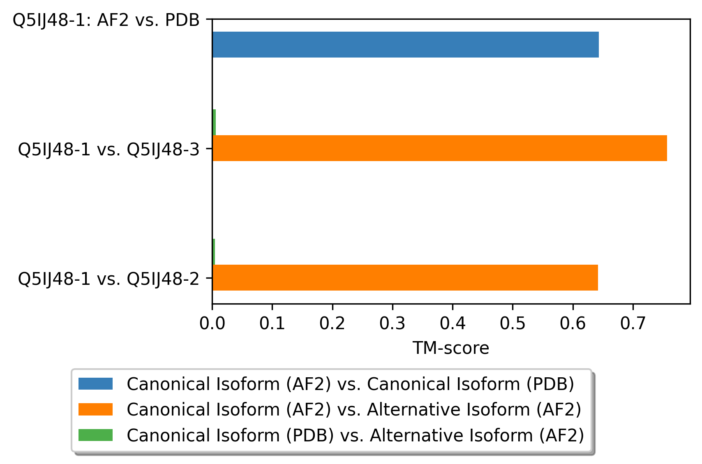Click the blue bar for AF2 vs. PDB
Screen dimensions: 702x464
(406, 44)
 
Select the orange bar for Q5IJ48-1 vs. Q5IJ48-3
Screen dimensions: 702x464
(440, 148)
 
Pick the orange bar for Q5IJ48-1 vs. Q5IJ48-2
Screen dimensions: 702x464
(405, 277)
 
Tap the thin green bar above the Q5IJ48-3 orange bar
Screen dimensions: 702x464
(214, 122)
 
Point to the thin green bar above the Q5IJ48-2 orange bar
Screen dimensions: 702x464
(214, 252)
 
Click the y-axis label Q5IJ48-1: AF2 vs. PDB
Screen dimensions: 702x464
(106, 21)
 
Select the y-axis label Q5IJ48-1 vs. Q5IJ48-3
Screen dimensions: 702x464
(109, 150)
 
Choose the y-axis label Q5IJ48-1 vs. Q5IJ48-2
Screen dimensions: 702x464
(109, 279)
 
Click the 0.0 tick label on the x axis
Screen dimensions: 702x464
(212, 323)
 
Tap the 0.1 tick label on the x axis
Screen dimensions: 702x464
(272, 323)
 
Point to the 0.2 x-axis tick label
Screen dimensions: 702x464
(332, 323)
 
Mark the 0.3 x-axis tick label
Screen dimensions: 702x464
(393, 323)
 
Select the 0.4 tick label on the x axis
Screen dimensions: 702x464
(453, 323)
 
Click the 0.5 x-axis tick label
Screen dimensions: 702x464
(513, 323)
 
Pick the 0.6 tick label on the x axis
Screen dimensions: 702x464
(573, 323)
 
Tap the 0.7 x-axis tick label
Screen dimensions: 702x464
(633, 323)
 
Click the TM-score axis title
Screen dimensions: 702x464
(451, 348)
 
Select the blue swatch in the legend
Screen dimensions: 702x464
(96, 384)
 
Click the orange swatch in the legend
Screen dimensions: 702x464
(96, 409)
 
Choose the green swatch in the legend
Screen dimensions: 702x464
(96, 435)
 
